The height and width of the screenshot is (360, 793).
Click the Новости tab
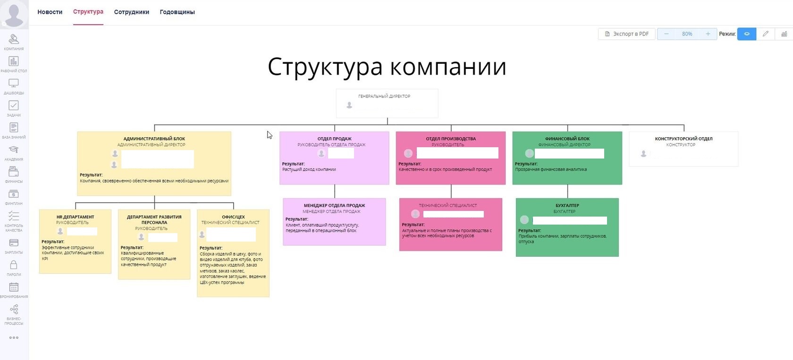[50, 12]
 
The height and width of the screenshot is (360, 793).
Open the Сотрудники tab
[131, 12]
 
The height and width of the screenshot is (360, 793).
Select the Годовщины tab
[177, 12]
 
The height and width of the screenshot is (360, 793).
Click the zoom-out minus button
[666, 34]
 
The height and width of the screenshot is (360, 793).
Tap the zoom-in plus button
[708, 34]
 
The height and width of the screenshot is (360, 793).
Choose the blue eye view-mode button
[746, 34]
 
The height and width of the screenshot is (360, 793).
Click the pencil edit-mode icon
[765, 34]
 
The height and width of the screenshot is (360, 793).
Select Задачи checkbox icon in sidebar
[14, 106]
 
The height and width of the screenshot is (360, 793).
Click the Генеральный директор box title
[384, 96]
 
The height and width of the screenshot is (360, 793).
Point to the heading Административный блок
[154, 139]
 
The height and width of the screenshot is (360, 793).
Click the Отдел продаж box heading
[334, 139]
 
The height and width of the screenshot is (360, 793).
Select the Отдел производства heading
[451, 139]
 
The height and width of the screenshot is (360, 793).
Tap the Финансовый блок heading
[567, 139]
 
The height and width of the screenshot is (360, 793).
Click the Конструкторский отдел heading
[683, 139]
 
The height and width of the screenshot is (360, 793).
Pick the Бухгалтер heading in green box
[567, 206]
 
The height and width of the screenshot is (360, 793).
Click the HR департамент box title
[75, 217]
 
